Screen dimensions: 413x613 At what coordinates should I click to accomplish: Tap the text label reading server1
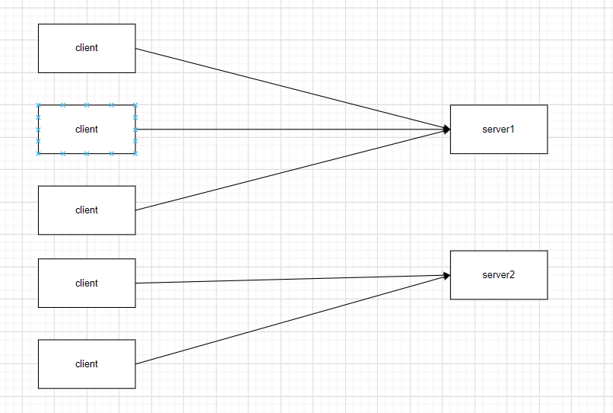click(x=498, y=129)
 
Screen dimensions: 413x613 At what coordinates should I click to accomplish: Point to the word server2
click(x=498, y=274)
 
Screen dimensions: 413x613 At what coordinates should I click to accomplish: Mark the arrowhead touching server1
click(x=446, y=130)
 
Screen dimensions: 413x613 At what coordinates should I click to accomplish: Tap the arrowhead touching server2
click(x=446, y=276)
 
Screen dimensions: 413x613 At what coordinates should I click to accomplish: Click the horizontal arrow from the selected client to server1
click(x=289, y=130)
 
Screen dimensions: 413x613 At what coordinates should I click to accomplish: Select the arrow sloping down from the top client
click(x=289, y=88)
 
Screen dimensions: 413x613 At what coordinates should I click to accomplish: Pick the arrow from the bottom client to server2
click(x=289, y=320)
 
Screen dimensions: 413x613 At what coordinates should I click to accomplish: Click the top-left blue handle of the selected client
click(x=39, y=105)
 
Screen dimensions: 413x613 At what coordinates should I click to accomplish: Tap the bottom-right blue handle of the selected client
click(x=135, y=153)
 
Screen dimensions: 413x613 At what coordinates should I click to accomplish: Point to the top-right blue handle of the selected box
click(x=135, y=105)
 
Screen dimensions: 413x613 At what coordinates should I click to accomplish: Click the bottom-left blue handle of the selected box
click(x=39, y=153)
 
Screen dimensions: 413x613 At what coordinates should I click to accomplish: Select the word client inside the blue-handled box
click(x=87, y=129)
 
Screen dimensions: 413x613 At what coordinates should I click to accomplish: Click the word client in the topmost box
click(x=87, y=48)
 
